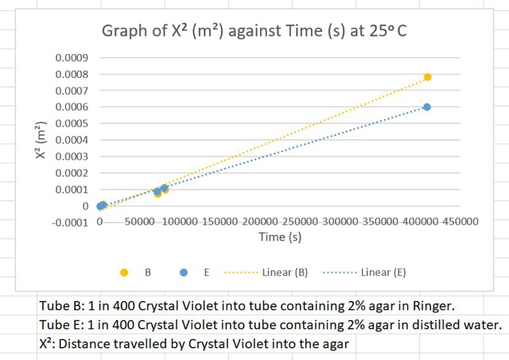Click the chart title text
(254, 32)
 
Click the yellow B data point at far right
(427, 77)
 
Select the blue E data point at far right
(427, 107)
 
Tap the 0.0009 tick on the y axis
(72, 58)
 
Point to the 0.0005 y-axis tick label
(72, 124)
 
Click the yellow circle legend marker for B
(124, 273)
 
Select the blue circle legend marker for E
(184, 273)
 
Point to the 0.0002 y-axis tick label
(72, 173)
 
